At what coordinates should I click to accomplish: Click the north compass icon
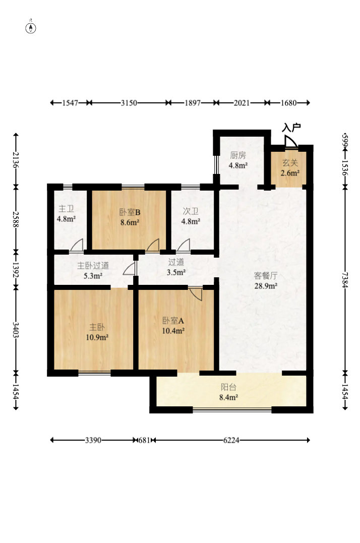pos(31,27)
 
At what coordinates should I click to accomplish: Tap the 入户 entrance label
pos(291,128)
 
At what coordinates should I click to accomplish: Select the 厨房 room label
pos(238,155)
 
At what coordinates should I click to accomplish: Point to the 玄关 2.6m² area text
pos(290,173)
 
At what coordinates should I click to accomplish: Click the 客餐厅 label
pos(265,276)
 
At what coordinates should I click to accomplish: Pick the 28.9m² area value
pos(265,286)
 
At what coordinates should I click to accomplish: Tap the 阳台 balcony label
pos(228,387)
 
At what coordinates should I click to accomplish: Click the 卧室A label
pos(173,321)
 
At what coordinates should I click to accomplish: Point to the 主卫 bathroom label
pos(66,209)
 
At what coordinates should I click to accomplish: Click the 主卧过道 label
pos(93,266)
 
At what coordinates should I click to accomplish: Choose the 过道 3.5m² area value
pos(176,272)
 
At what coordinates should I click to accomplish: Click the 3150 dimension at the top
pos(129,103)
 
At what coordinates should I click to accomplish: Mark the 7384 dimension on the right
pos(345,280)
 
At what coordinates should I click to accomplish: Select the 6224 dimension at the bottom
pos(231,440)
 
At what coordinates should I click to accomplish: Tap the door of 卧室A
pos(196,293)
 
